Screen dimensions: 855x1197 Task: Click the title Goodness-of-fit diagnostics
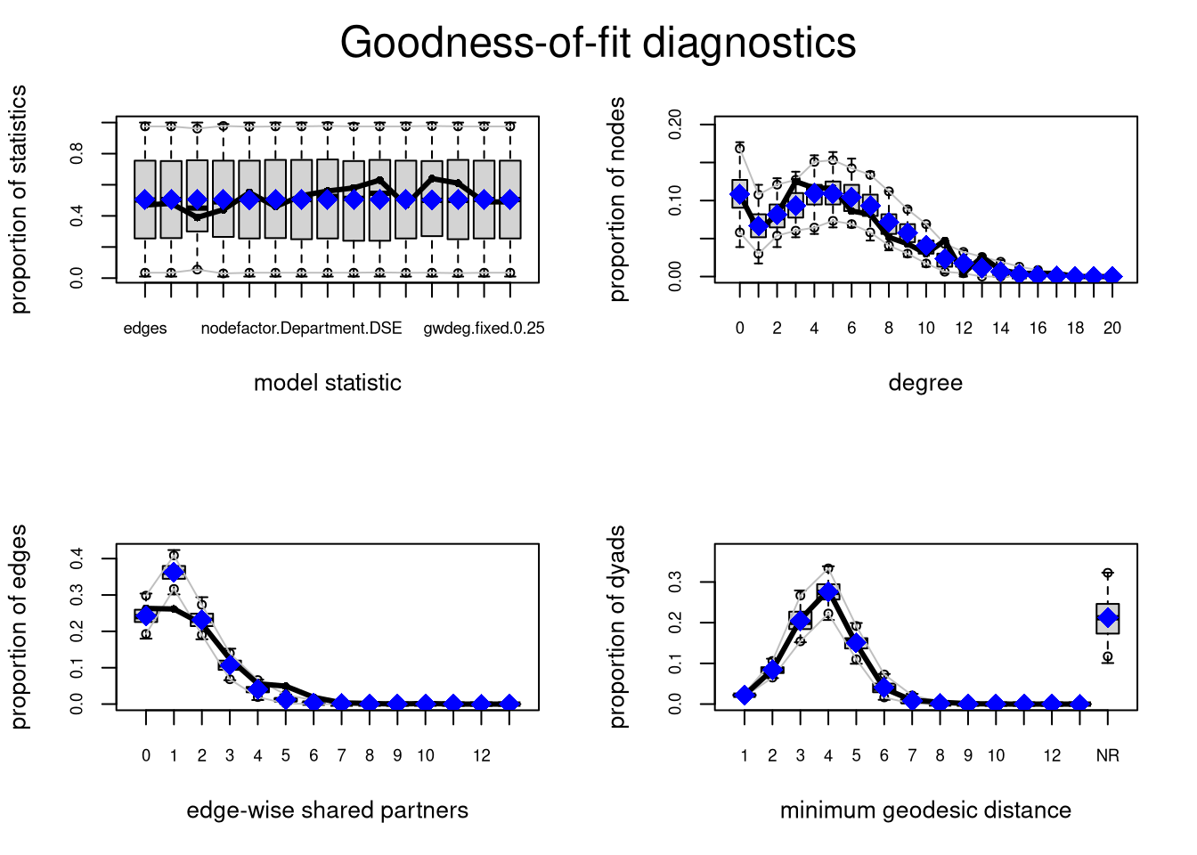point(598,43)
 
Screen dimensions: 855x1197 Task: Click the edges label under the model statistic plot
point(145,329)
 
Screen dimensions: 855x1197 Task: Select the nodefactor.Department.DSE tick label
point(301,329)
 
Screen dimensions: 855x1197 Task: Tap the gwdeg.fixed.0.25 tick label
point(484,329)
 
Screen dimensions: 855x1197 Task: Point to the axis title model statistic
point(327,383)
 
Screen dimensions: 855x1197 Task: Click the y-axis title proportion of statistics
point(20,199)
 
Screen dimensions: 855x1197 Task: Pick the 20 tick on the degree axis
point(1111,329)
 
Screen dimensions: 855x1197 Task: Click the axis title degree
point(925,383)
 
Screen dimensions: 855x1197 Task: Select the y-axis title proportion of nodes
point(618,199)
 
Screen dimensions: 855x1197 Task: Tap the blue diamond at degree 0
point(739,194)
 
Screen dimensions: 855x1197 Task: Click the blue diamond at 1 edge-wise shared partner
point(174,572)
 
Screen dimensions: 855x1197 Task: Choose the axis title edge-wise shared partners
point(327,810)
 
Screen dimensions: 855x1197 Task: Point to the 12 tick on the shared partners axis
point(482,756)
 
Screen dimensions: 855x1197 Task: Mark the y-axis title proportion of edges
point(20,627)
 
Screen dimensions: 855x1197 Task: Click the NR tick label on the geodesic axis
point(1107,756)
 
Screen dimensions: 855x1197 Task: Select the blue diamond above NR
point(1107,618)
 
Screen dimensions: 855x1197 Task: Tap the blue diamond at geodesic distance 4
point(828,592)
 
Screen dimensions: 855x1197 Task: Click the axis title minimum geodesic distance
point(925,810)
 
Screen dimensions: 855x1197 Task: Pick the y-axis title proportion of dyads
point(618,627)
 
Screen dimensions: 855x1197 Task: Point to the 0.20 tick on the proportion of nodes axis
point(675,125)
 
